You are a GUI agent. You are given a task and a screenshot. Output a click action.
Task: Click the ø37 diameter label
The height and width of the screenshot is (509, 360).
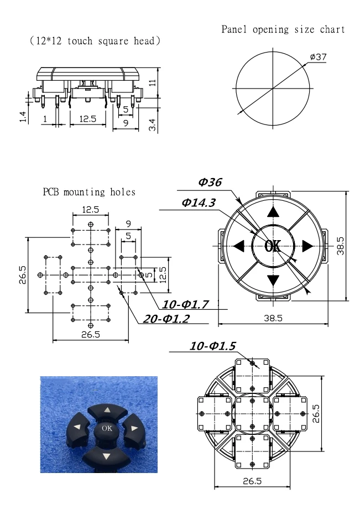pos(318,57)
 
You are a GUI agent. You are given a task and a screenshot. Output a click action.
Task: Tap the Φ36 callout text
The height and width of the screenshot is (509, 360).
pos(210,182)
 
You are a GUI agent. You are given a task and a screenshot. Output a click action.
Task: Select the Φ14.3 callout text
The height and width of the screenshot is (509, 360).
pos(199,202)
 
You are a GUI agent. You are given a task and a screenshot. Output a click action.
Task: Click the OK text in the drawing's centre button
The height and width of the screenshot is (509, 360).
pos(273,246)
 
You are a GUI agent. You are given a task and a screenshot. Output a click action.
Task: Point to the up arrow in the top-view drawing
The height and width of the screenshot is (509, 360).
pos(273,212)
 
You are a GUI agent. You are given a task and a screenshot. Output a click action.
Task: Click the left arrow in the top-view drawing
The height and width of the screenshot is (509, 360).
pos(239,246)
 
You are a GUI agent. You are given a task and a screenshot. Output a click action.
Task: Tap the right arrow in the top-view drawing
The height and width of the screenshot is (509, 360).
pos(308,246)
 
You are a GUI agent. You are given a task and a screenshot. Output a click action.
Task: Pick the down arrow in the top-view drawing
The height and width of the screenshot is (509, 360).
pos(273,280)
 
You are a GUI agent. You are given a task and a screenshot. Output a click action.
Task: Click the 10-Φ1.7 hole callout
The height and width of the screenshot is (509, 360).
pos(185,304)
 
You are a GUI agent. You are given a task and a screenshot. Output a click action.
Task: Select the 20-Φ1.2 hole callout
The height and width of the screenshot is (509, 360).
pos(166,319)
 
